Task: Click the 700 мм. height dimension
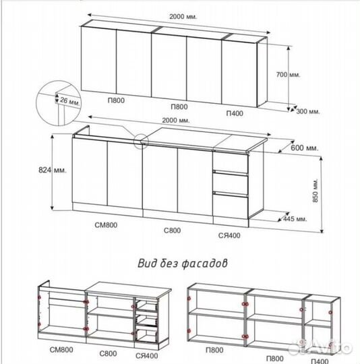click(289, 75)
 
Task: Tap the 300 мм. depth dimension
click(308, 111)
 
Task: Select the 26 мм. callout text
click(70, 101)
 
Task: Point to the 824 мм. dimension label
click(53, 170)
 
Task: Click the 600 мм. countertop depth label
click(305, 148)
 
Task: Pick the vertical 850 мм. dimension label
click(316, 190)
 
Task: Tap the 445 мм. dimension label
click(295, 218)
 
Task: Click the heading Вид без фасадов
click(183, 264)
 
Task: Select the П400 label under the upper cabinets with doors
click(235, 113)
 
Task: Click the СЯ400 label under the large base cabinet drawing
click(229, 235)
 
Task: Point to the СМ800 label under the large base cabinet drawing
click(106, 225)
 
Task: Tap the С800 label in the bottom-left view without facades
click(108, 354)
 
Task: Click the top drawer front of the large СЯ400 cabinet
click(231, 162)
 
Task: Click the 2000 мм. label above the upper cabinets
click(183, 17)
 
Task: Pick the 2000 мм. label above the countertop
click(176, 120)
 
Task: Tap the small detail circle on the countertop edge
click(141, 141)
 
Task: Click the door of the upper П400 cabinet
click(239, 73)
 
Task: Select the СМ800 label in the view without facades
click(61, 350)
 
